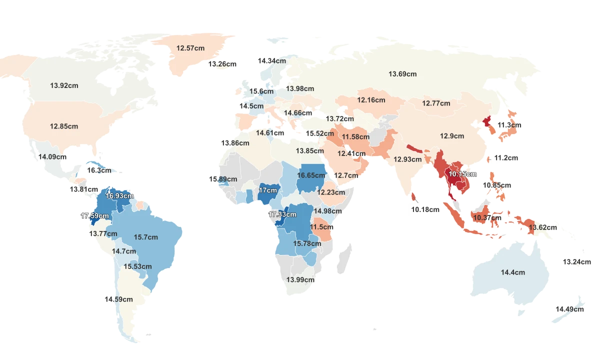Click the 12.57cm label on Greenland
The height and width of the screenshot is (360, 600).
tap(190, 48)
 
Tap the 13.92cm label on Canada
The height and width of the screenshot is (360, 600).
tap(64, 85)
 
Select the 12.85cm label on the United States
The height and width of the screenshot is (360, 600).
tap(64, 126)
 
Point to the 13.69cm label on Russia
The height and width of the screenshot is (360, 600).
tap(402, 74)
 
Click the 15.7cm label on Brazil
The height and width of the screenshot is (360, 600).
tap(145, 237)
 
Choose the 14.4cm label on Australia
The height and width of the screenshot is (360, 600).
tap(513, 272)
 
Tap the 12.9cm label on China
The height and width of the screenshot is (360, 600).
tap(452, 136)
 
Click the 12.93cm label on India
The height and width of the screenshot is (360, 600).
tap(407, 159)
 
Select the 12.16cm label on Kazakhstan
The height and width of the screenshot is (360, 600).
tap(371, 100)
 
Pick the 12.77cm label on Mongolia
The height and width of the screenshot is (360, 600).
tap(436, 103)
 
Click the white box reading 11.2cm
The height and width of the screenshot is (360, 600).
tap(506, 158)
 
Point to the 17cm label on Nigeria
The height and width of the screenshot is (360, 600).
tap(267, 190)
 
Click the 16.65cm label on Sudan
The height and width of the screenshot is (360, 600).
tap(310, 175)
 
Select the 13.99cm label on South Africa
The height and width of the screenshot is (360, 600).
tap(300, 280)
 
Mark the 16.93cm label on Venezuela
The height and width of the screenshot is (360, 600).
tap(120, 196)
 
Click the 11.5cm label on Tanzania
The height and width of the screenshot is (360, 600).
tap(321, 227)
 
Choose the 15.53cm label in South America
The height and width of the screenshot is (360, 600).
tap(137, 267)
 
